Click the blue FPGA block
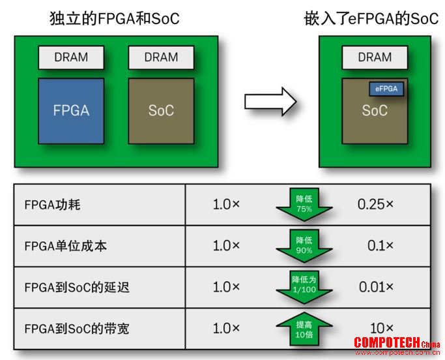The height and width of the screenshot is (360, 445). point(71,111)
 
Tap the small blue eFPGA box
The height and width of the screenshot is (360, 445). point(386,89)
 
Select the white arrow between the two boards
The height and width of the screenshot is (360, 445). point(270,102)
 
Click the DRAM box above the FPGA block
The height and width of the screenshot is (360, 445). point(71,57)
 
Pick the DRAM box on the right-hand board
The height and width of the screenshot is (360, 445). point(375,57)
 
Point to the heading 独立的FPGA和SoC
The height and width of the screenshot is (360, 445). point(115,19)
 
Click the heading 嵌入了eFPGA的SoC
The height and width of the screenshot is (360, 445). point(371,19)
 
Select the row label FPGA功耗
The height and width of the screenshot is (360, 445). point(53,205)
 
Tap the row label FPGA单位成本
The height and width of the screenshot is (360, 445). point(66,246)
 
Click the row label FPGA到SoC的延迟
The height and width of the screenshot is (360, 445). point(77,287)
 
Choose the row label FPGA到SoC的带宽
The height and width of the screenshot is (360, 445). point(77,329)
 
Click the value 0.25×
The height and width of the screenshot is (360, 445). point(375,204)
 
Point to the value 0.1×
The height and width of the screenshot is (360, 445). point(380,245)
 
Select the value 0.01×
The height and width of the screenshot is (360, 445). point(376,287)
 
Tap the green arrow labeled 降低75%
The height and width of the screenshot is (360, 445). point(304,205)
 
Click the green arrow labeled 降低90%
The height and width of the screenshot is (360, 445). point(304,246)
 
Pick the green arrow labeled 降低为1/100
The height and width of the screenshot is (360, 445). point(304,287)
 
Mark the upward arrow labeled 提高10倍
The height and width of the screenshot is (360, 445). point(304,329)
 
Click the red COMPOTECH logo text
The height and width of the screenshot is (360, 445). point(397,342)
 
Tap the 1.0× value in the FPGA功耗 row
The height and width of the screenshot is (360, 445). point(226,204)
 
